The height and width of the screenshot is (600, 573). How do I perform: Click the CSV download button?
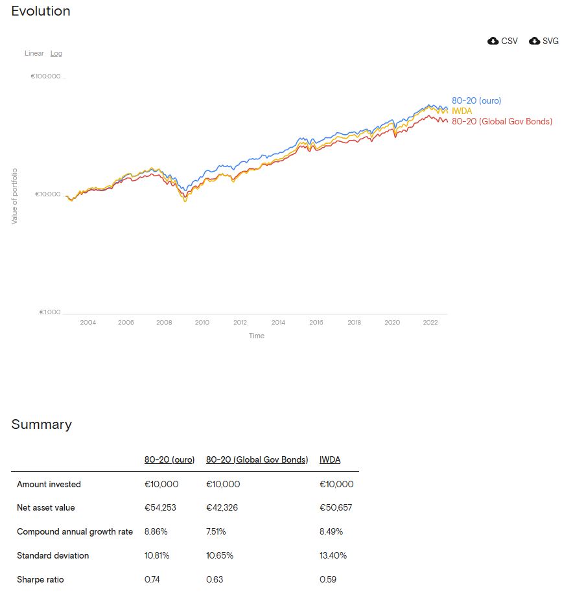502,41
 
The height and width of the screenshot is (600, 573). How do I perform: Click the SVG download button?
544,41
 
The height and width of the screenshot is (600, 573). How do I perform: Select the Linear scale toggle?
34,53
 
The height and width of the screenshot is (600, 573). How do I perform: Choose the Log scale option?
56,54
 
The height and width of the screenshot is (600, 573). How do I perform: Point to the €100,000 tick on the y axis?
45,76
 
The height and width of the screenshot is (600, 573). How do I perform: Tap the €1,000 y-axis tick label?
50,312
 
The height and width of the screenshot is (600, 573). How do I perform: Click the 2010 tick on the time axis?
202,322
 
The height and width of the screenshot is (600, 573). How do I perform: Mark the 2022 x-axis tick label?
430,322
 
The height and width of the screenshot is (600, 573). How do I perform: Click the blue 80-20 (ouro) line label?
476,100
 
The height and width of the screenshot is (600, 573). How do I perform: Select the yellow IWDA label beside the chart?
462,111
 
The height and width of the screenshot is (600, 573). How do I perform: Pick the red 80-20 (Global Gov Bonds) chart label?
502,121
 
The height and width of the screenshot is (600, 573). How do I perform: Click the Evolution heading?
41,11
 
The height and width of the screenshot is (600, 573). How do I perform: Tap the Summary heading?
41,424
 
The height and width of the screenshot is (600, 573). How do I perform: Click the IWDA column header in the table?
330,459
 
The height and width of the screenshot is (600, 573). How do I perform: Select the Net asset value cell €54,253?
160,507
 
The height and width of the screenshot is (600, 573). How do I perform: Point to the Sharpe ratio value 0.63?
215,579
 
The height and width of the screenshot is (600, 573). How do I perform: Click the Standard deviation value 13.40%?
333,555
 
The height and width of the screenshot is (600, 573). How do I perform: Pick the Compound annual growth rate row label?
75,531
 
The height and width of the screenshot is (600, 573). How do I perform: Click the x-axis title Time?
257,336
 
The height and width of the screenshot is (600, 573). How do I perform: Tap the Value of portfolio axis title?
14,196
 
